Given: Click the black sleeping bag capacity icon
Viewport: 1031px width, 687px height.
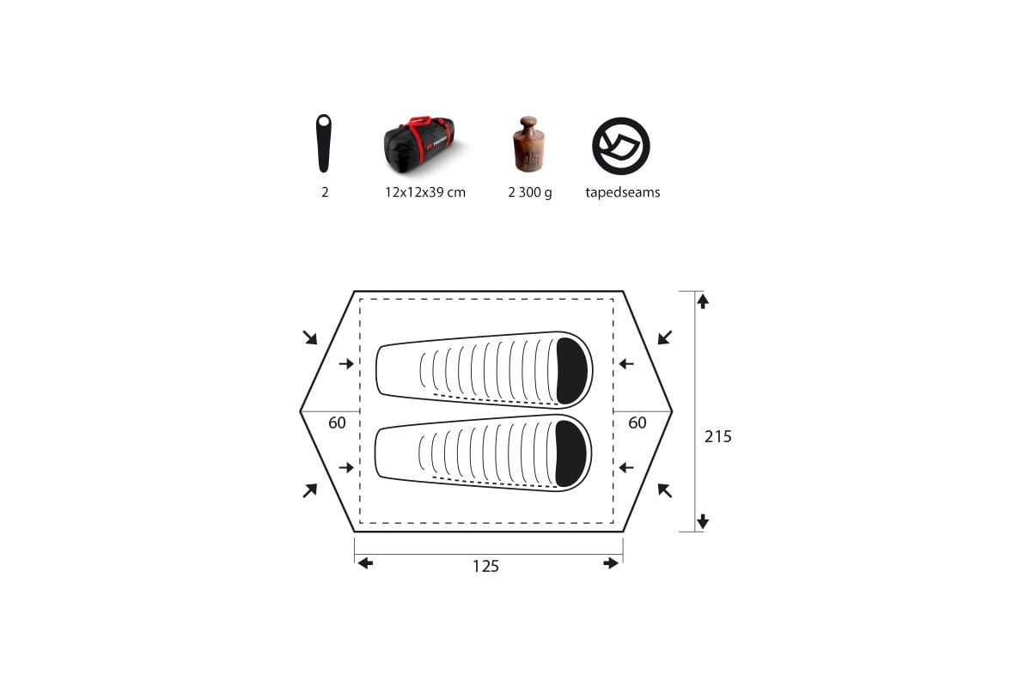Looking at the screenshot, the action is point(324,143).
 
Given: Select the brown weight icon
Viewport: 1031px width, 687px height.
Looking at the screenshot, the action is point(528,144).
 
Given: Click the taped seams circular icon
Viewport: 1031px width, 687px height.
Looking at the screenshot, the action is point(621,146).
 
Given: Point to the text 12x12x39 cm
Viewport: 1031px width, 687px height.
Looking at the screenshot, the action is point(424,192).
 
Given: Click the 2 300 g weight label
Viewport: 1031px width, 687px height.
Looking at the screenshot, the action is point(530,193).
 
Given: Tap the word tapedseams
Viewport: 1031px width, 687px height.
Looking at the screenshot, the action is point(622,192).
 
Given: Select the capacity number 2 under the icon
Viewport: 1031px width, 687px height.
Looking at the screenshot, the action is point(325,192).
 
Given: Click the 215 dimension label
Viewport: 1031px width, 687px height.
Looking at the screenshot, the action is point(717,436).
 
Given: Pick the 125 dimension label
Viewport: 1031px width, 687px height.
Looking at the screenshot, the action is point(485,566).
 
